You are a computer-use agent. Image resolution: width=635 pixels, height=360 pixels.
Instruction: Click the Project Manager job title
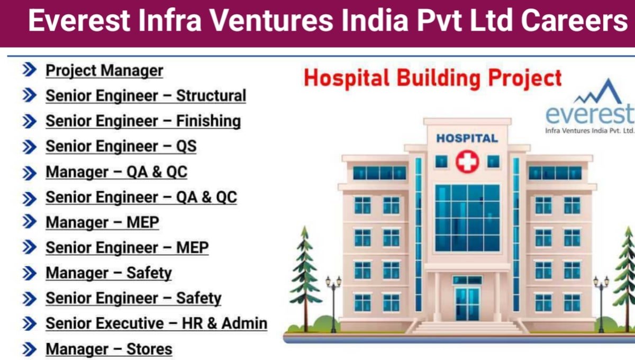104,70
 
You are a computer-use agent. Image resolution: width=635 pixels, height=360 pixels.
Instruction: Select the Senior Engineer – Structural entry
146,96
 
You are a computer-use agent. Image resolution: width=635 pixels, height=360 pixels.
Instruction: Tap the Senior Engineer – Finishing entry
143,121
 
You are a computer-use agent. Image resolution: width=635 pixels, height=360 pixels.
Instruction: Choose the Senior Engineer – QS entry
121,147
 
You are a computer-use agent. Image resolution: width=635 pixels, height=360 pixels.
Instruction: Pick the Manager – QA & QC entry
116,172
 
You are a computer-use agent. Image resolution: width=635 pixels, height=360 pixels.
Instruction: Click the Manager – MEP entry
102,222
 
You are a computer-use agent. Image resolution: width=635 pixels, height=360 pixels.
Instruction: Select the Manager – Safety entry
108,273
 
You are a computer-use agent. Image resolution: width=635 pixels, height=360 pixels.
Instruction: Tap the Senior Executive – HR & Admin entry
156,323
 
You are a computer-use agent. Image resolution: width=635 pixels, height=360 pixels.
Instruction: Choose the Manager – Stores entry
108,349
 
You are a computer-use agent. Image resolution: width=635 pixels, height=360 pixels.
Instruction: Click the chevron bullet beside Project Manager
30,70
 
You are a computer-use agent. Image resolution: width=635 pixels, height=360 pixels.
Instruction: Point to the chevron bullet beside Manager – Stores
30,349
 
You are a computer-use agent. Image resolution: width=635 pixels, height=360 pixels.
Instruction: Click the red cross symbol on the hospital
467,163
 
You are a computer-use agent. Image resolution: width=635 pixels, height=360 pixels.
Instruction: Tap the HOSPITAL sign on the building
467,138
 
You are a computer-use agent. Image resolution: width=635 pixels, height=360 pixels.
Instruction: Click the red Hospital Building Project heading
433,78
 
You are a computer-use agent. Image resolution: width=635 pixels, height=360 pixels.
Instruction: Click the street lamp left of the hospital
333,302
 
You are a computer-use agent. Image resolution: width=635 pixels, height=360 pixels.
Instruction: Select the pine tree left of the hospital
305,275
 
